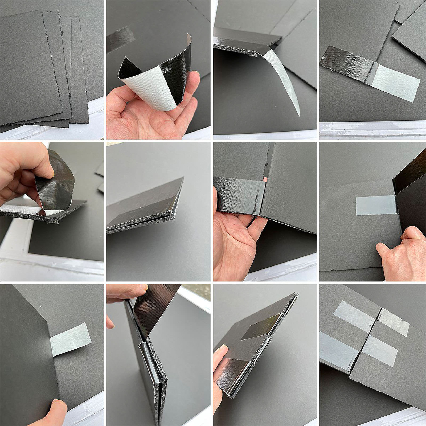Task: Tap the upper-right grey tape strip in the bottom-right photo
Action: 394,322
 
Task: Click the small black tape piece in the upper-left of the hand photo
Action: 121,39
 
